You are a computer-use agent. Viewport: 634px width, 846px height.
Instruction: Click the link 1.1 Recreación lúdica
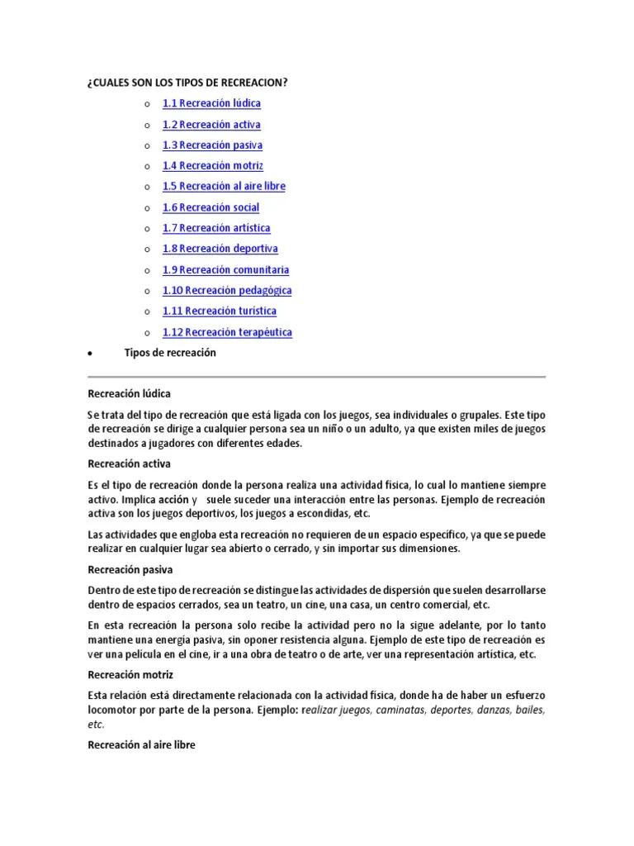pos(211,103)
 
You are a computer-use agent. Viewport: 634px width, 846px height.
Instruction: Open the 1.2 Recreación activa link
pos(211,125)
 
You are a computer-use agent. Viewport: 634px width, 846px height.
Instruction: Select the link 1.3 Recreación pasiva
pos(212,145)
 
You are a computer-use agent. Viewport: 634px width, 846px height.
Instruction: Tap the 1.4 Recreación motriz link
pos(212,166)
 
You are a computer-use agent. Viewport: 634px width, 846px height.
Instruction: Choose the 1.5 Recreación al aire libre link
pos(224,187)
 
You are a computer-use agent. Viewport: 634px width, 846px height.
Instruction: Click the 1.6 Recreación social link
pos(211,207)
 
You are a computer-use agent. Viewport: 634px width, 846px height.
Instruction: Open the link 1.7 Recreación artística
pos(216,228)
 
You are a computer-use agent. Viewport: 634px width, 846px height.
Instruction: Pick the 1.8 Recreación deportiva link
pos(220,249)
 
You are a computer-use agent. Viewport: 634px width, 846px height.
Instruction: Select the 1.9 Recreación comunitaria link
pos(225,269)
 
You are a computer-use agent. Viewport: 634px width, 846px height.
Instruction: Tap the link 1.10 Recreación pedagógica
pos(227,291)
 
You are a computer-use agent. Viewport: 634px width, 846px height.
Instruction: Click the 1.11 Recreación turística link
pos(220,311)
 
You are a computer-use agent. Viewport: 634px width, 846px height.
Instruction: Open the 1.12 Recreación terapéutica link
pos(227,332)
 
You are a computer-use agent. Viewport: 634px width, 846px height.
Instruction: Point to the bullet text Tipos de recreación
pos(170,353)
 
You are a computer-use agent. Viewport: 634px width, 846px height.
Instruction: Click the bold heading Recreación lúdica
pos(129,393)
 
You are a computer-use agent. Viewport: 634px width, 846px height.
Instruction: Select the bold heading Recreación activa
pos(129,463)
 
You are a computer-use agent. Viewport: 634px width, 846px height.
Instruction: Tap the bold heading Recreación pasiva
pos(130,570)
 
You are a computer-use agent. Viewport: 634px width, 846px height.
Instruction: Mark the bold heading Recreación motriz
pos(130,675)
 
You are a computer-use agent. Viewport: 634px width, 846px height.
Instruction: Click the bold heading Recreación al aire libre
pos(141,745)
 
